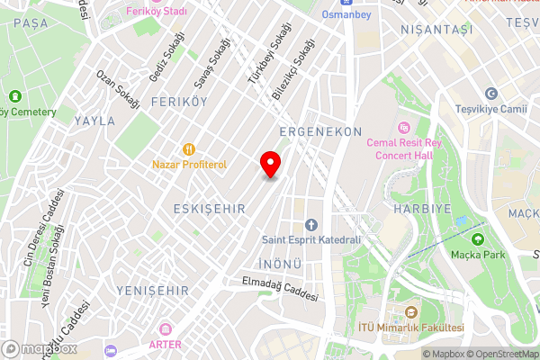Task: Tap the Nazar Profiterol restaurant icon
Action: click(x=189, y=149)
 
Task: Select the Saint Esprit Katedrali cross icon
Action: click(x=311, y=224)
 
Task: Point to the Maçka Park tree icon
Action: click(x=477, y=239)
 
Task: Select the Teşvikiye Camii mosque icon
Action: click(x=491, y=94)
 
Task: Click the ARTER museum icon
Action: click(x=163, y=329)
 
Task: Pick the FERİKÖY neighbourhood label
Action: click(x=173, y=103)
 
